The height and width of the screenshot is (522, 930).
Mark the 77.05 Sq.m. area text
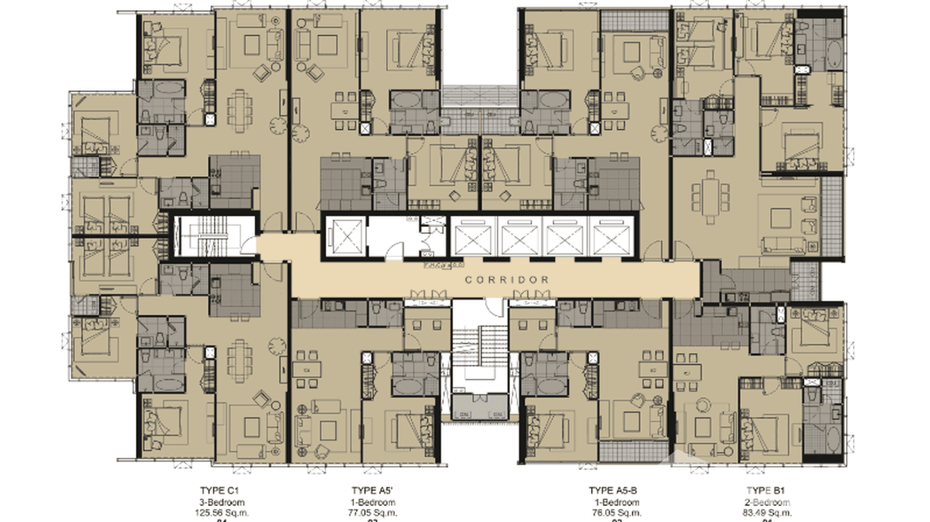click(373, 513)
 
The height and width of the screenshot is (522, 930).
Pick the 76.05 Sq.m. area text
click(615, 513)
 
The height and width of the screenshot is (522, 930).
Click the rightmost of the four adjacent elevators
click(610, 238)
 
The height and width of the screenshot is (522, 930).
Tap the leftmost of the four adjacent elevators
click(474, 238)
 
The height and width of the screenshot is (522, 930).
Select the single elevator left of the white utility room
click(344, 237)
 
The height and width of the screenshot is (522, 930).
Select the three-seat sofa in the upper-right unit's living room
click(790, 244)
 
